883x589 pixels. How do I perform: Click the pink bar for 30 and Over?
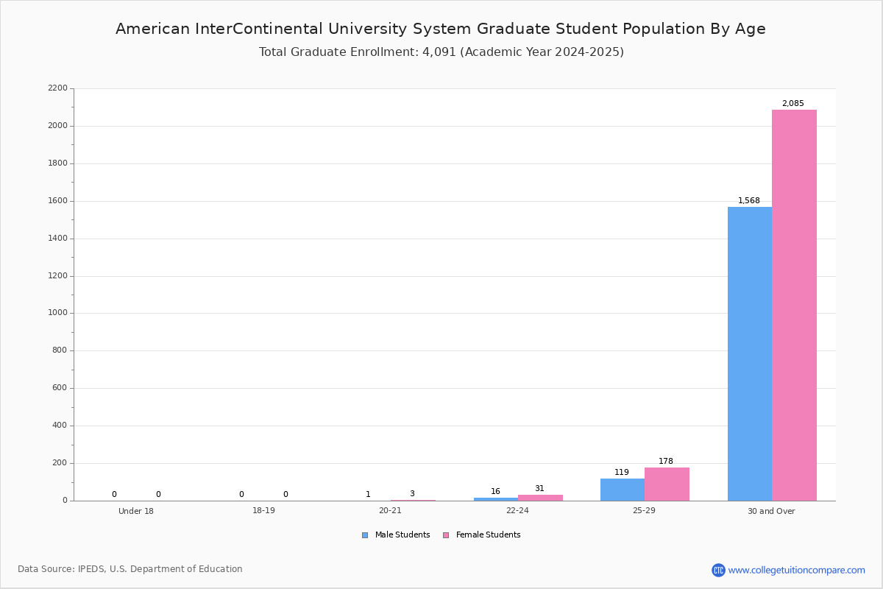pos(794,306)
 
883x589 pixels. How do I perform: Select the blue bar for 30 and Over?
pos(750,354)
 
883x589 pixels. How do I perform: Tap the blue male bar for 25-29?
pos(623,490)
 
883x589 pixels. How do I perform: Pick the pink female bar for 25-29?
pos(667,484)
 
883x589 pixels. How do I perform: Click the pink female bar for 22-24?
pos(540,498)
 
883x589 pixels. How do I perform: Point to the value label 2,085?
pos(792,103)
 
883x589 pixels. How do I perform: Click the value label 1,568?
pos(748,200)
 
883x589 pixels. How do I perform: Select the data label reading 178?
pos(666,461)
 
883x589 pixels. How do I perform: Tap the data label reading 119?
pos(622,472)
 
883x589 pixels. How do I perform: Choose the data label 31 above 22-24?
pos(539,488)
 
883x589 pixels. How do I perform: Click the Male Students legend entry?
pos(396,535)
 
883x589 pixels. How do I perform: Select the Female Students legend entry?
pos(482,535)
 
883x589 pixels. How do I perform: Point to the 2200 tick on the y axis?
pos(57,88)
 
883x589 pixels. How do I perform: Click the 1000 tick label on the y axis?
pos(57,313)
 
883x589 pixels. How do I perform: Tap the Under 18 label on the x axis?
pos(136,511)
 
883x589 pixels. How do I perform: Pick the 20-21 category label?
pos(390,510)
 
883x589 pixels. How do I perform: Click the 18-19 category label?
pos(263,510)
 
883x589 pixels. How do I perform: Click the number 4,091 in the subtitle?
pos(439,52)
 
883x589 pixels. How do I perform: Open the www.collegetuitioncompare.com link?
pos(796,570)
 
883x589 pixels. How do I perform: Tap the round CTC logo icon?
pos(718,570)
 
